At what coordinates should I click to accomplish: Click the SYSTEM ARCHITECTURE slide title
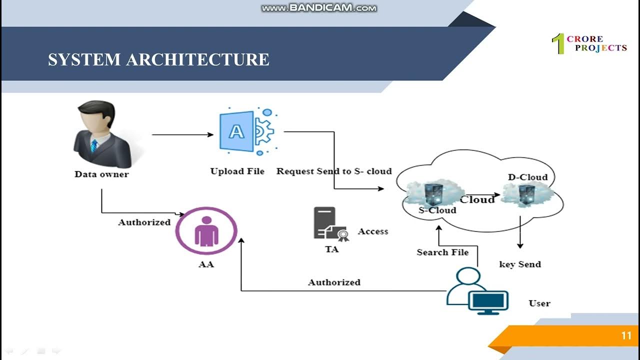coord(158,59)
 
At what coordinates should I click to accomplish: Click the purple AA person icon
coord(206,231)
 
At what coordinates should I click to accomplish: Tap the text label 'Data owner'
coord(101,174)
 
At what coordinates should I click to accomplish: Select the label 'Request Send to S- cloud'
coord(334,171)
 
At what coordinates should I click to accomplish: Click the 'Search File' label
coord(442,252)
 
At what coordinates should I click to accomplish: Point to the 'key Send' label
coord(520,264)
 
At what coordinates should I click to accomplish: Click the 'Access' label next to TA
coord(373,231)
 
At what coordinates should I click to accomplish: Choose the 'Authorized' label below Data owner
coord(144,222)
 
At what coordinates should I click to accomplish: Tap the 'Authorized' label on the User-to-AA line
coord(334,282)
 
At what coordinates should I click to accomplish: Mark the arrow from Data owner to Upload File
coord(182,134)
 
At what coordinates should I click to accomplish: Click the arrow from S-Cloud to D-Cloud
coord(482,195)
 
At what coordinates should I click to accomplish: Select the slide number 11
coord(626,336)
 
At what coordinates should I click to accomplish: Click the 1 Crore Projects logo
coord(589,43)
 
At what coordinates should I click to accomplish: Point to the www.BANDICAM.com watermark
coord(319,8)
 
